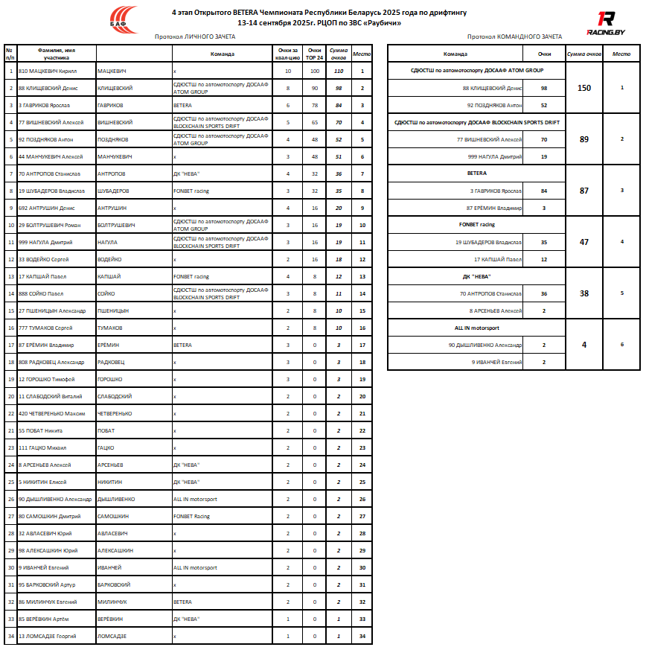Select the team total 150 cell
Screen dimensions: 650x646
584,88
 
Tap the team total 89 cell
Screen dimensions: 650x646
584,139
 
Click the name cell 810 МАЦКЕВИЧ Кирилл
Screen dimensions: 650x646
48,71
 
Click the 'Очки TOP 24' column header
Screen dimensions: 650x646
314,54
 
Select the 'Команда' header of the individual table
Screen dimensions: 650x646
222,54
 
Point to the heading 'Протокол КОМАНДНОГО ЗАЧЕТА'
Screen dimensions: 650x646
514,36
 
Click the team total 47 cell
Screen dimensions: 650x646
584,242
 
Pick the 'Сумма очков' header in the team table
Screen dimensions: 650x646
584,54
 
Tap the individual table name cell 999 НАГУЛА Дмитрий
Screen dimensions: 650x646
48,242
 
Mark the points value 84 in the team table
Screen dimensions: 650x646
544,191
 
